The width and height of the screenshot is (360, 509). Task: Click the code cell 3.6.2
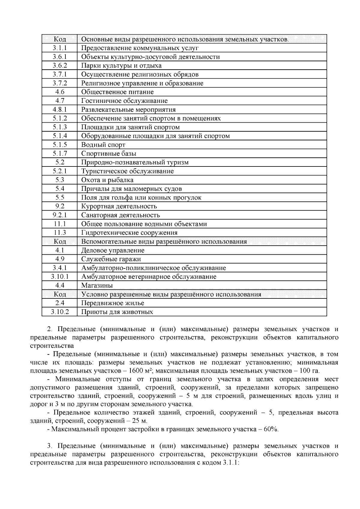pos(60,66)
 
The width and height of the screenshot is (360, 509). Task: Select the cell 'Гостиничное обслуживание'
pos(124,101)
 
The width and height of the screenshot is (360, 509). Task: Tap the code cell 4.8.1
pos(60,109)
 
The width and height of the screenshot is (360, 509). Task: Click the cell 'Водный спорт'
pos(103,145)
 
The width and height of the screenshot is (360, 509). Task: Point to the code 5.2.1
pos(60,171)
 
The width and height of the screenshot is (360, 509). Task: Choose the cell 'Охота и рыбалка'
pos(107,180)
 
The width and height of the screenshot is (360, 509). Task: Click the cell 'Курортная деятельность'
pos(119,206)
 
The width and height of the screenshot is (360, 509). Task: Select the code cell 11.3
pos(60,233)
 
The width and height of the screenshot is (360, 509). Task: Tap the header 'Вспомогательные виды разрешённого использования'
pos(164,242)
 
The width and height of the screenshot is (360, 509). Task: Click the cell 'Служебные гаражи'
pos(111,259)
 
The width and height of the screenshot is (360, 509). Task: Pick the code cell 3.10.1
pos(60,277)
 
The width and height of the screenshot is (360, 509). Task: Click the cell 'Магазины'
pos(97,286)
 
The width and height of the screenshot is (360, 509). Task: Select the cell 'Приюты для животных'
pos(117,312)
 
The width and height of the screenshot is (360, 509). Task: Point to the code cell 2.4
pos(60,303)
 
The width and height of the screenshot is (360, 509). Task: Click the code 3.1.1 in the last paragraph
pos(230,463)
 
